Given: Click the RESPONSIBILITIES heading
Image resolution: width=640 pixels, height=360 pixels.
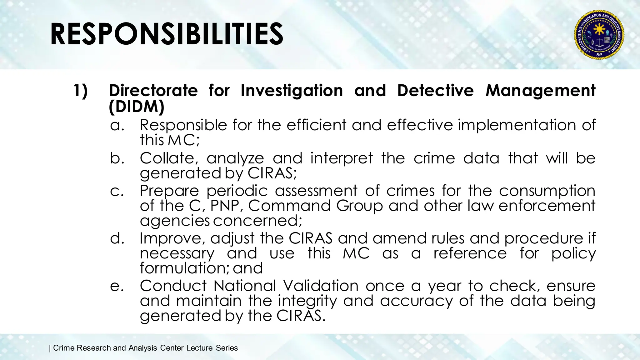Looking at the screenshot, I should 167,34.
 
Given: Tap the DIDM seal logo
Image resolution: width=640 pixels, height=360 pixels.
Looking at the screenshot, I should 599,34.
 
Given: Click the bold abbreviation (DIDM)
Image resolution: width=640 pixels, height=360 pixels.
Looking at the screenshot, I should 137,107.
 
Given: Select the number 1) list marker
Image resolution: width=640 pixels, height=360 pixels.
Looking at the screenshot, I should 81,91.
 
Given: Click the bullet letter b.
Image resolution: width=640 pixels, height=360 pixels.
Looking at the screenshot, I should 117,158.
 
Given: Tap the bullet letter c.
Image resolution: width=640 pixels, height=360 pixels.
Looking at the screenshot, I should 117,191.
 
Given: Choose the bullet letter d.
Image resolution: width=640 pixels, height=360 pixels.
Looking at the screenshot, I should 117,238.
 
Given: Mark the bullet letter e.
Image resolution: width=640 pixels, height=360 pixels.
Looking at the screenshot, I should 117,286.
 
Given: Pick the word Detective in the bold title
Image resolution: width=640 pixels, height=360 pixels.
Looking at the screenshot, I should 435,91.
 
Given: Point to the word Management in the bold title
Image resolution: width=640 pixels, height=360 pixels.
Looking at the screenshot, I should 540,91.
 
